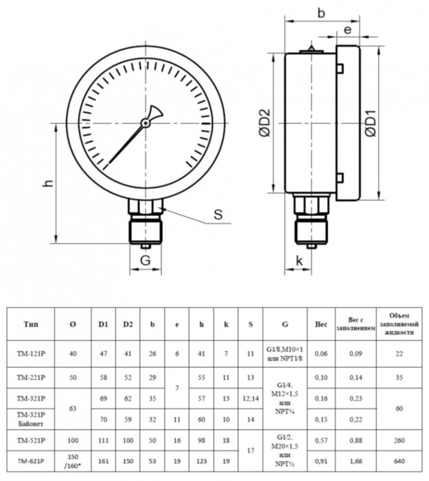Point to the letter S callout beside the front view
click(218, 214)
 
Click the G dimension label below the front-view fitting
click(145, 260)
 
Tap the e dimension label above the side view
click(347, 30)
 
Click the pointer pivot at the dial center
click(145, 123)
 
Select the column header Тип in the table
click(31, 324)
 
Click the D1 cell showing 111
click(103, 438)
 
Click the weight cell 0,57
click(321, 438)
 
